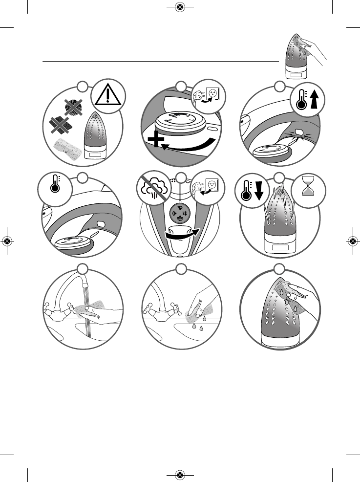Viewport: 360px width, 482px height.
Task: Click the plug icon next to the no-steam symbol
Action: pyautogui.click(x=207, y=188)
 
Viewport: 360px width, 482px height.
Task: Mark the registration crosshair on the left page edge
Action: pyautogui.click(x=7, y=241)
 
